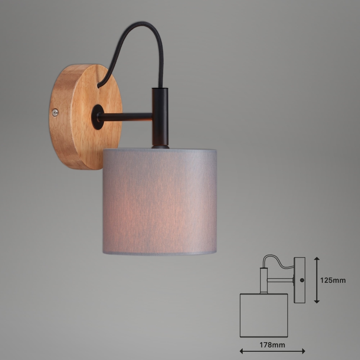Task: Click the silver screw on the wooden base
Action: [x=55, y=112]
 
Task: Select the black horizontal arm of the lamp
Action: [x=126, y=117]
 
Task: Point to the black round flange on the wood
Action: [x=97, y=117]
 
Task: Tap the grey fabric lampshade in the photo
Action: [x=160, y=201]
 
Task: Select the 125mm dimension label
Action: [x=333, y=280]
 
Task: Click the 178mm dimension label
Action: [x=272, y=344]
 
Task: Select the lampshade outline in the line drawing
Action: [x=264, y=315]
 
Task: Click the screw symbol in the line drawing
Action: [x=302, y=280]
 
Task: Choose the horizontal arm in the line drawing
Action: [x=280, y=280]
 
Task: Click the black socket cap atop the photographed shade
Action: [x=160, y=146]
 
